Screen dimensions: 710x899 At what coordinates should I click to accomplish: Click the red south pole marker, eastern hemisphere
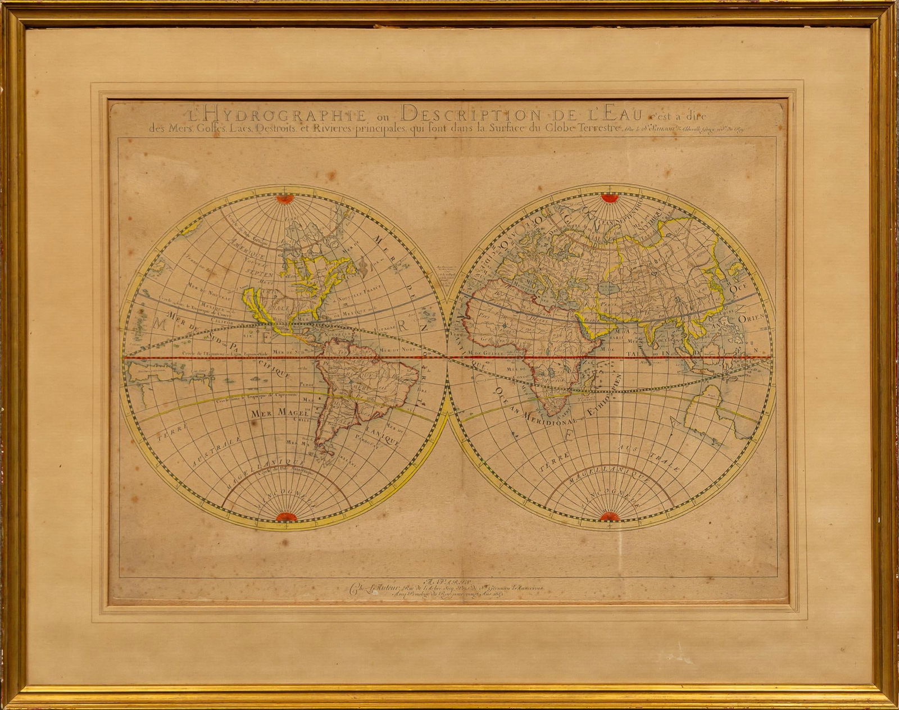[x=609, y=517]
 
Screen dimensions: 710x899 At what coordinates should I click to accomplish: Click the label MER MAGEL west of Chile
[x=274, y=414]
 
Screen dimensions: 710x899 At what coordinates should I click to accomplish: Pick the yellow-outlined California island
[x=256, y=306]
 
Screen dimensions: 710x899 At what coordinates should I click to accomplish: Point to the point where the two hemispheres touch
[x=448, y=357]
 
